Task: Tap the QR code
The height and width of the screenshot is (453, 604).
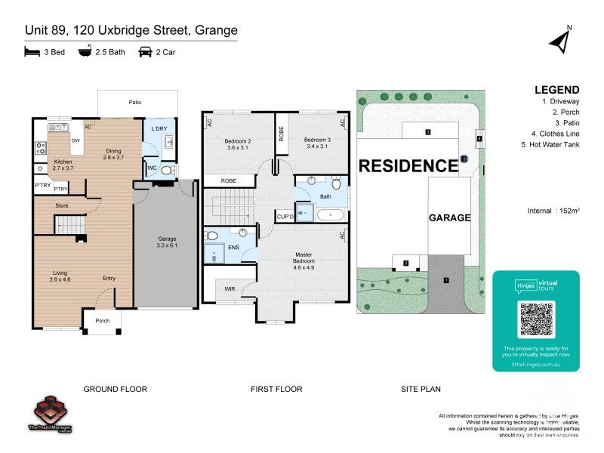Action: tap(536, 319)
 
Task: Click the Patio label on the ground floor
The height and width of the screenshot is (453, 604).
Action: tap(135, 102)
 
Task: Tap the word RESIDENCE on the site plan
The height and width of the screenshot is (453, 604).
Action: tap(408, 165)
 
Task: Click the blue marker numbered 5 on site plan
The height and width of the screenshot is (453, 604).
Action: tap(464, 159)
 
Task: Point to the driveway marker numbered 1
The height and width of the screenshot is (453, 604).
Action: tap(446, 280)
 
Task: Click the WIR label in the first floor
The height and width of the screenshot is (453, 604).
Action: tap(230, 288)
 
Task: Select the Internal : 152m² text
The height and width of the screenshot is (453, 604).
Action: tap(553, 211)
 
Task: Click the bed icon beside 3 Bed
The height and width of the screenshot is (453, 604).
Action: tap(31, 52)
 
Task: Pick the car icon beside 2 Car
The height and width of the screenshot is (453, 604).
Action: tap(144, 52)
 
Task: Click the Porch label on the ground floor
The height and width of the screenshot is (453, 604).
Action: tap(102, 319)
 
